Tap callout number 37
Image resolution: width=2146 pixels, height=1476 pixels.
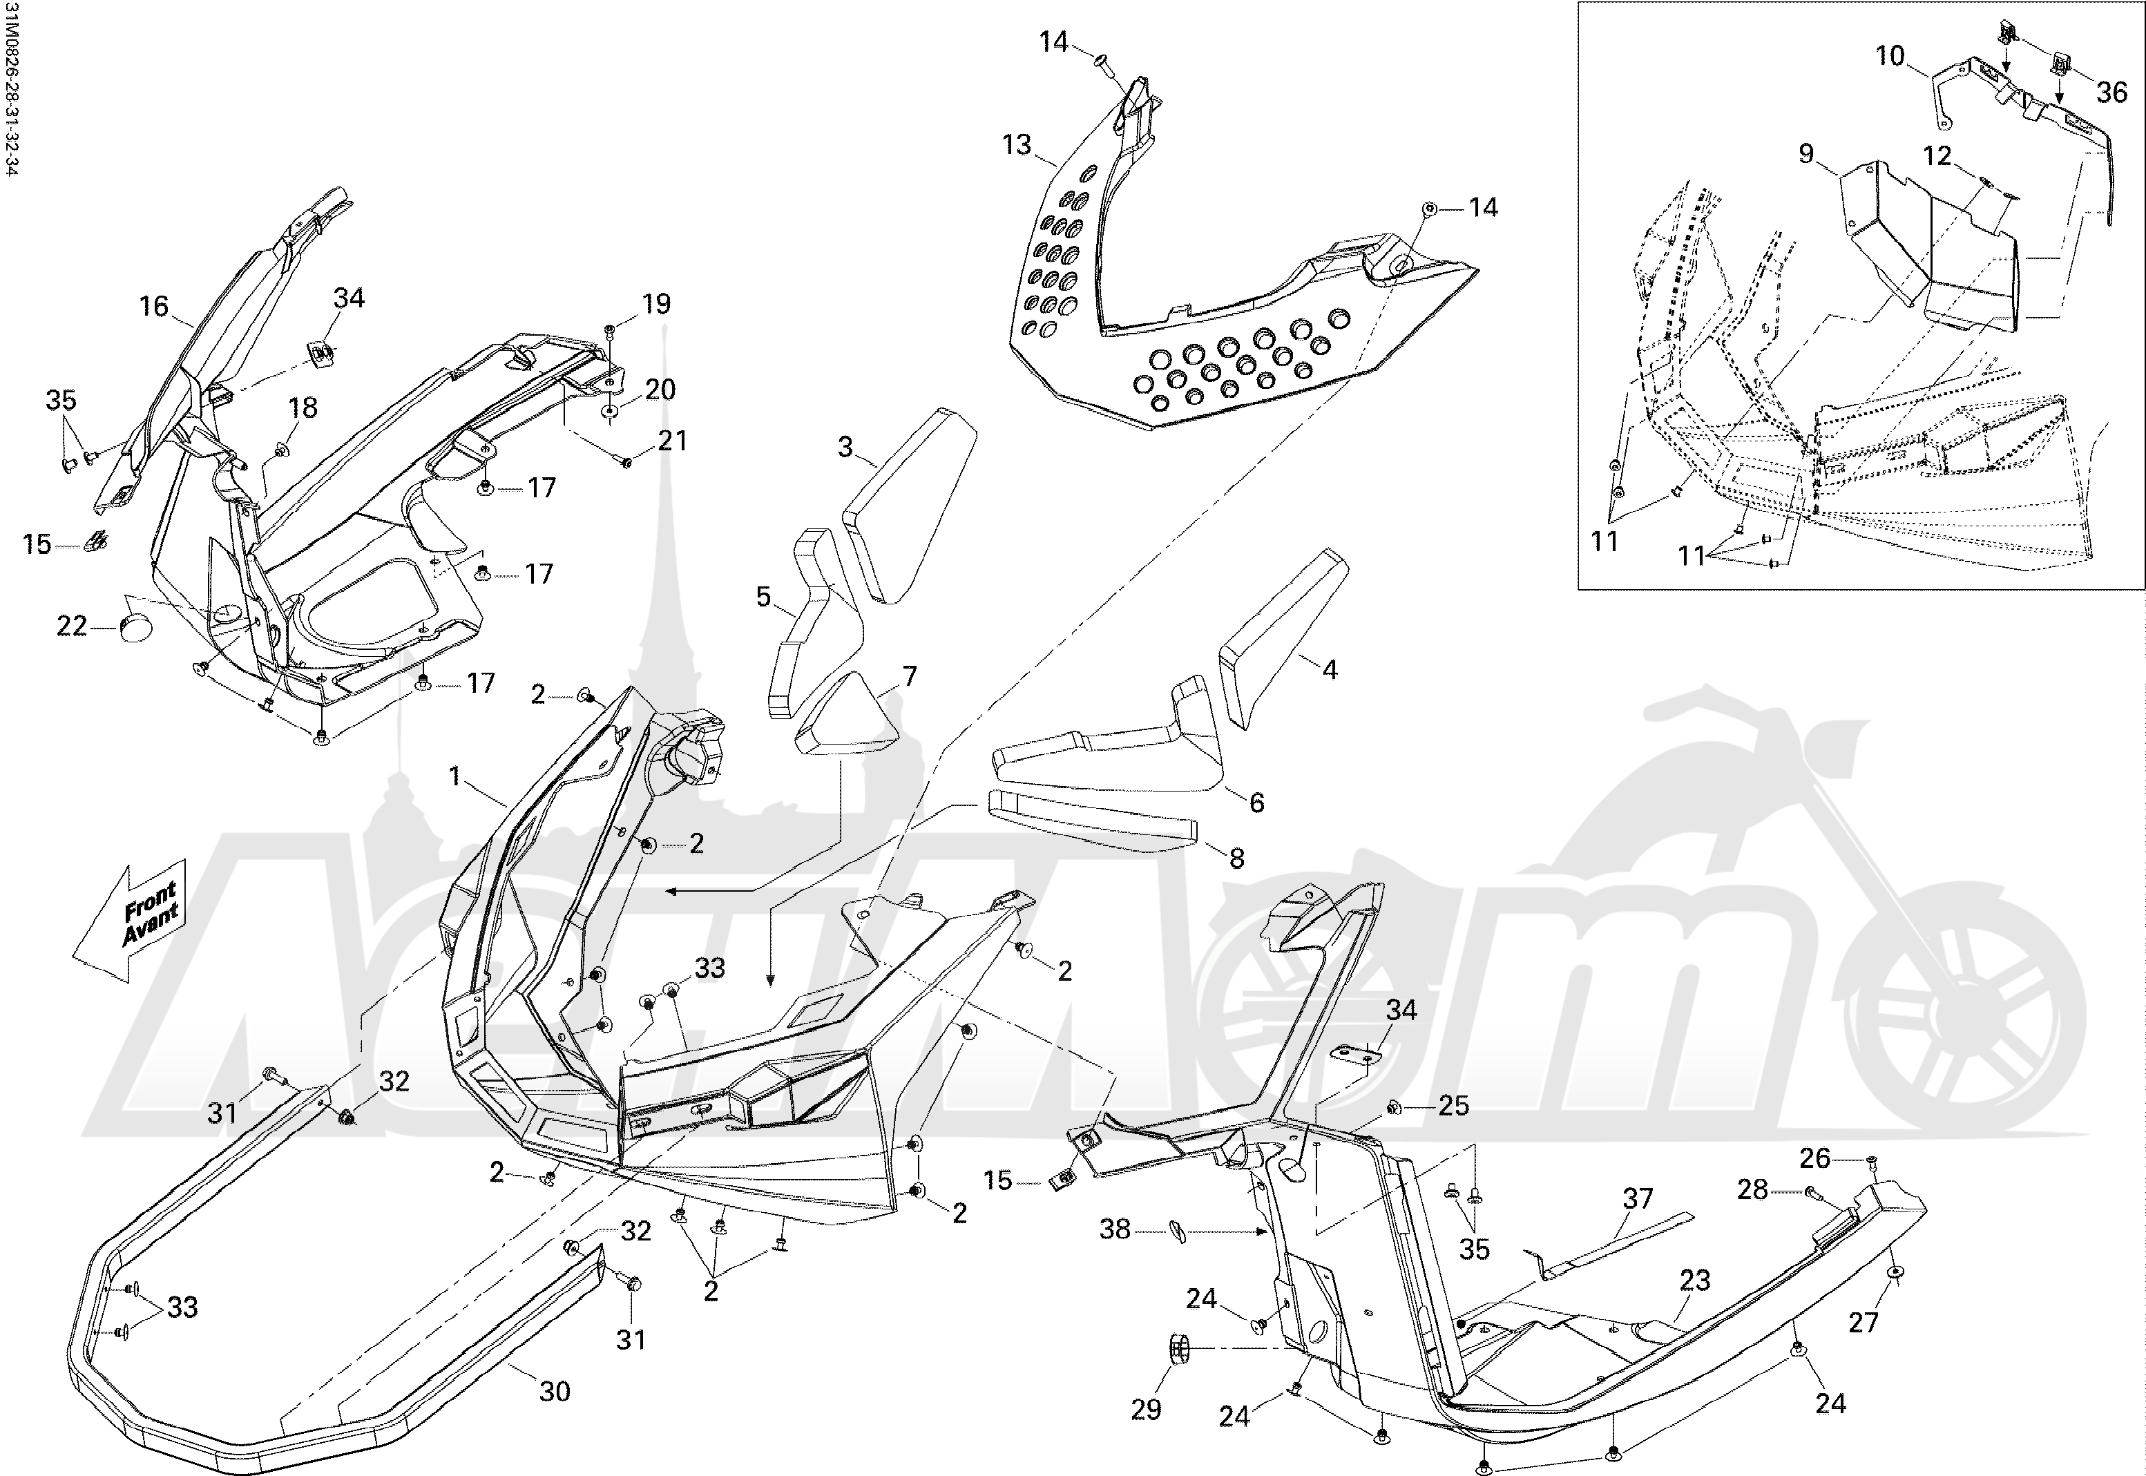click(1638, 1198)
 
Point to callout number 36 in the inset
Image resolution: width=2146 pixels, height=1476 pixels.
click(2111, 92)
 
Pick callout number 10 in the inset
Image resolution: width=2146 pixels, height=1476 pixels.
click(1890, 57)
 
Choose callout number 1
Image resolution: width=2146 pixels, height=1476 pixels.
click(454, 777)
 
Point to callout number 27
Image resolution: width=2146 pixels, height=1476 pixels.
click(1863, 1321)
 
